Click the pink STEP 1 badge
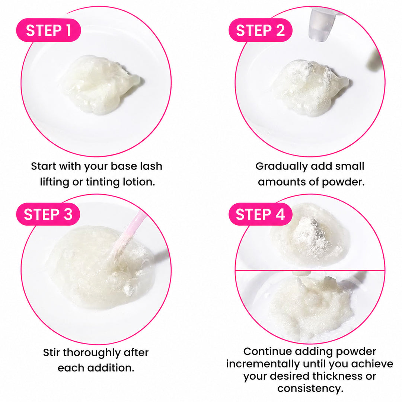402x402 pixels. (x=48, y=30)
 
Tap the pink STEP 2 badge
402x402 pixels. (x=260, y=30)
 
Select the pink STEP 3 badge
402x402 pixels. (x=48, y=214)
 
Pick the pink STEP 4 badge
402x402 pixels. (x=260, y=214)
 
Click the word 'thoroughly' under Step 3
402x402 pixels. (x=92, y=353)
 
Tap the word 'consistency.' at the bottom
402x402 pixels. (x=310, y=389)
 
